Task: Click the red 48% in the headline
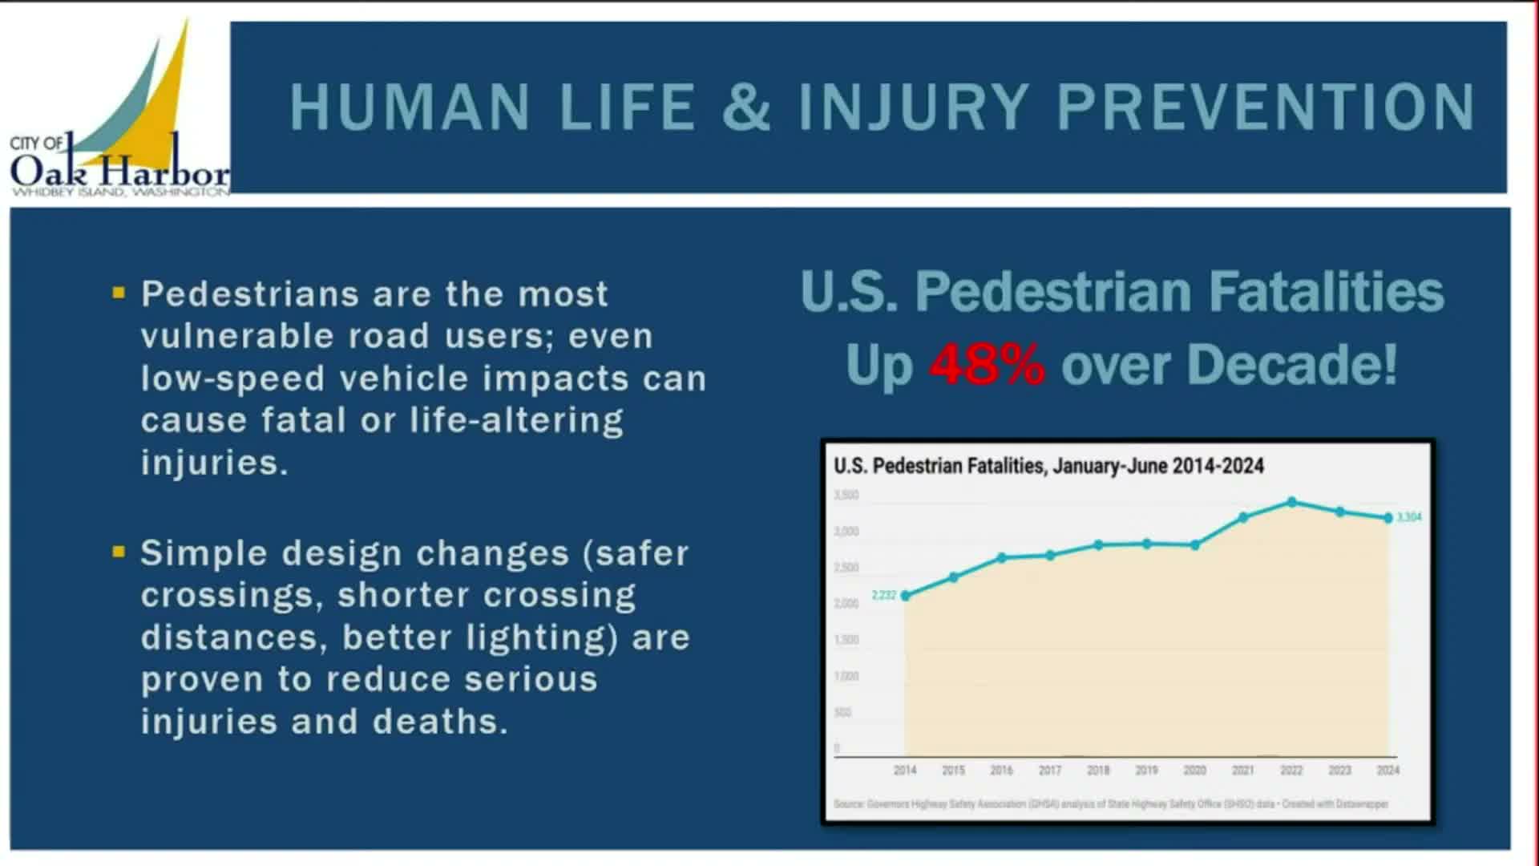tap(987, 365)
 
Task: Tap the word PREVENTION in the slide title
tap(1266, 107)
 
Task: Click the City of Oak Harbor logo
tap(120, 112)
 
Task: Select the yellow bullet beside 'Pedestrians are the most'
tap(119, 293)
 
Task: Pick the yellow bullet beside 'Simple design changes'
tap(119, 552)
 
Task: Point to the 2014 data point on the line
tap(906, 596)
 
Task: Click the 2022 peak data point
tap(1291, 503)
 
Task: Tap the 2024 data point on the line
tap(1388, 518)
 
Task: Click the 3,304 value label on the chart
tap(1409, 517)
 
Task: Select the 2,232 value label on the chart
tap(884, 595)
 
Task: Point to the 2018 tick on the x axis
tap(1098, 770)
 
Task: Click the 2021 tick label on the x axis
tap(1243, 770)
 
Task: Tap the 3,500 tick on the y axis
tap(846, 496)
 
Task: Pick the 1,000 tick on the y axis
tap(846, 676)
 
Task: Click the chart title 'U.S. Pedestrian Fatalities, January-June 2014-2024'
tap(1048, 466)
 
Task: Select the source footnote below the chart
tap(1110, 803)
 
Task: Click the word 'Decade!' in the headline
tap(1292, 365)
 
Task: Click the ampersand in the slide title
tap(745, 107)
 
